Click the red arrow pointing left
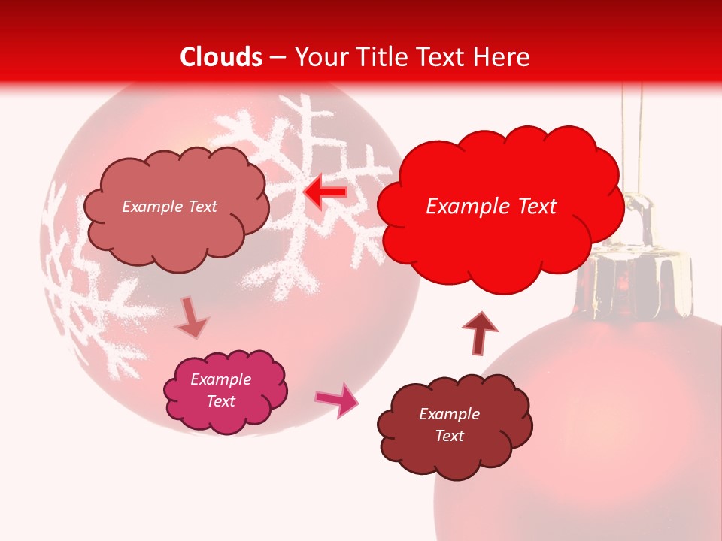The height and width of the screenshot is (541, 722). (325, 193)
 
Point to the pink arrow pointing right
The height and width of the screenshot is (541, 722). (338, 400)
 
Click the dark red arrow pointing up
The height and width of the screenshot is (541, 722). (479, 332)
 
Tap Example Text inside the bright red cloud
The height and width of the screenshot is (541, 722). (491, 207)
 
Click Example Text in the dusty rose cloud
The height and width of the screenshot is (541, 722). (169, 207)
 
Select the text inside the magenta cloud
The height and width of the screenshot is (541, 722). (221, 391)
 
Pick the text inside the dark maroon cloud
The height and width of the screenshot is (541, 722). (449, 425)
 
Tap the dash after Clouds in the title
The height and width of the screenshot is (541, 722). (278, 58)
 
